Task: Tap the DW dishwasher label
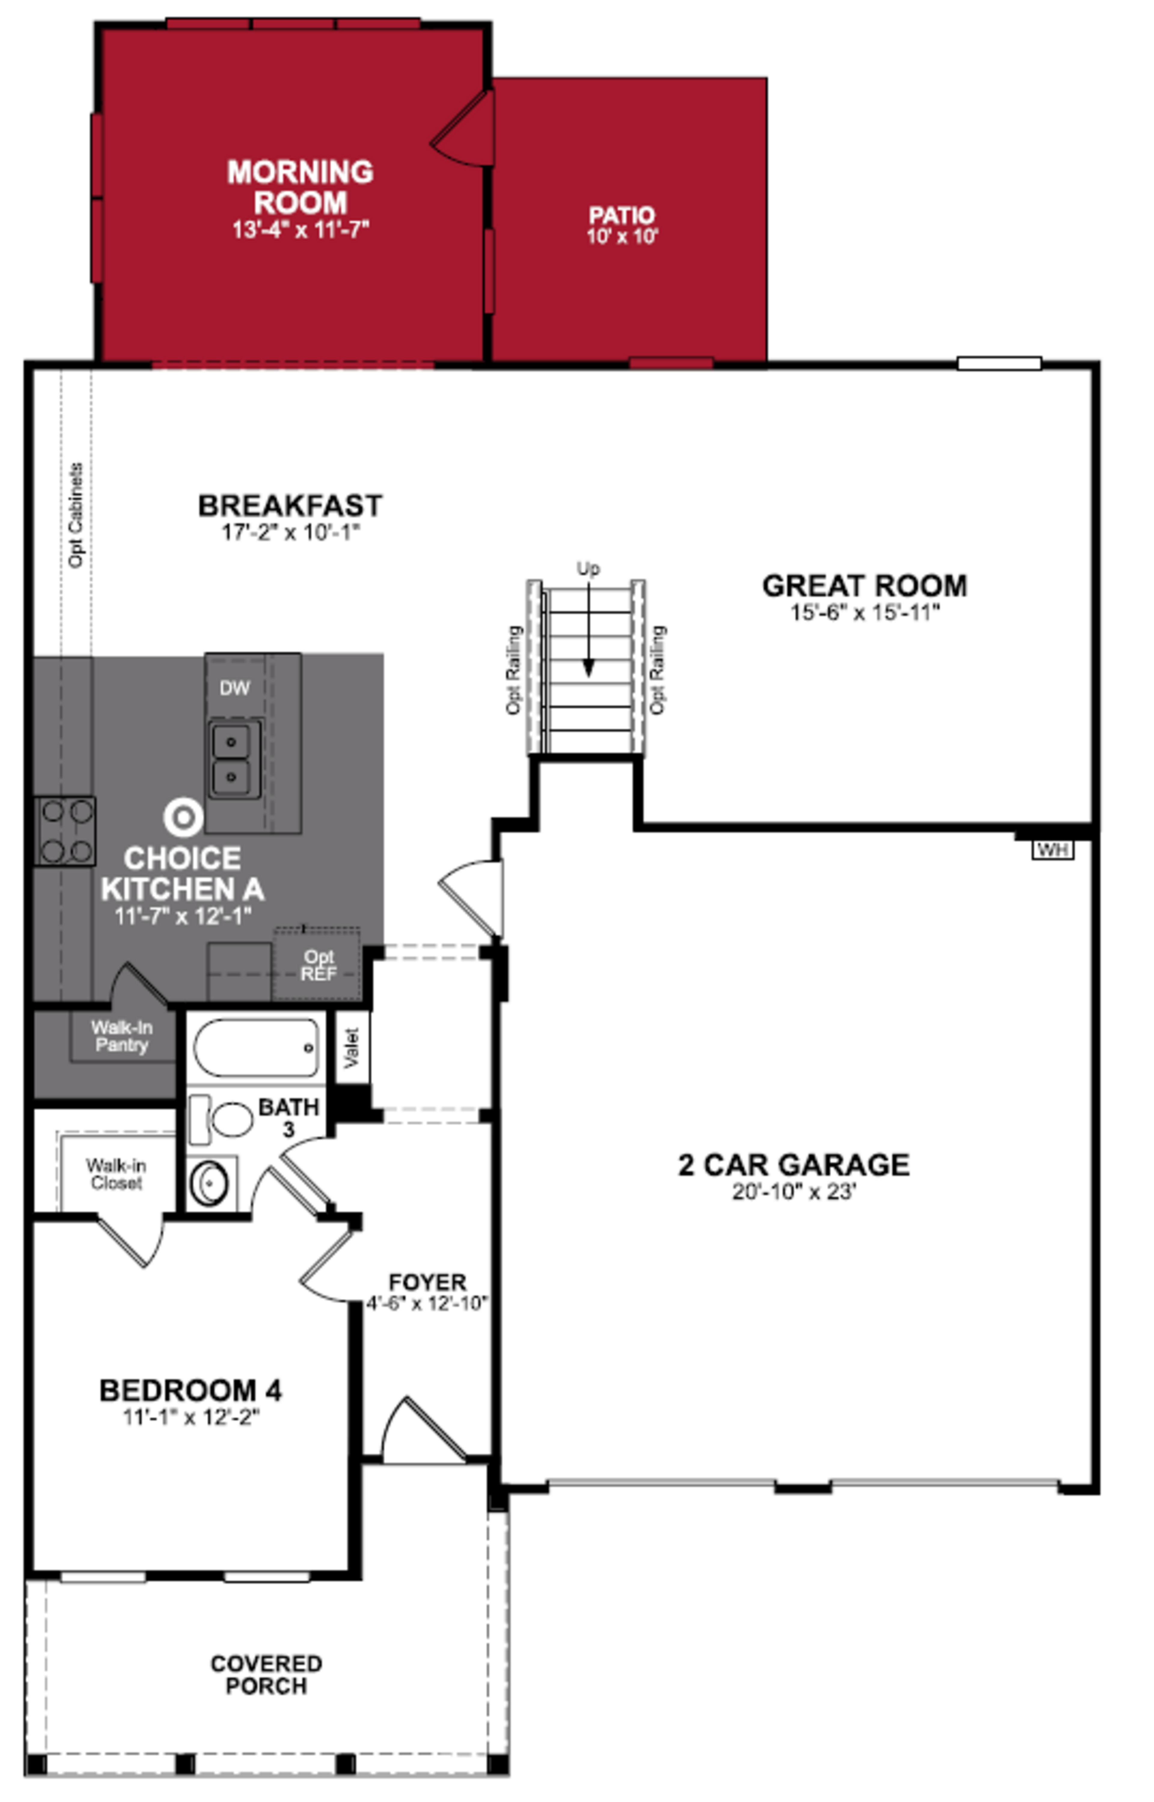coord(234,688)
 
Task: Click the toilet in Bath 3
coord(225,1119)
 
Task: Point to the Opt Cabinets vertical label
coord(76,516)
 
